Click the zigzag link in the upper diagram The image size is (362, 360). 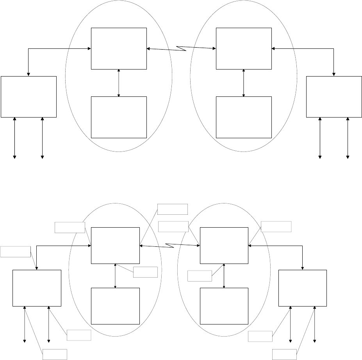pos(181,48)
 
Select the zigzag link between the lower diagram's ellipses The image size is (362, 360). pos(169,246)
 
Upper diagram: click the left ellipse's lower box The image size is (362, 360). pos(119,117)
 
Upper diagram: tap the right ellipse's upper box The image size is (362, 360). pos(244,48)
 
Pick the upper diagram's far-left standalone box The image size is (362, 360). pos(29,97)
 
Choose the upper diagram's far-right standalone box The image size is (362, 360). pos(334,97)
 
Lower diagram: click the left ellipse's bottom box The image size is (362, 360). pos(115,306)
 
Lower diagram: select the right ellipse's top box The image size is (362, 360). pos(224,246)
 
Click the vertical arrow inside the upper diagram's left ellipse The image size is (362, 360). pos(119,83)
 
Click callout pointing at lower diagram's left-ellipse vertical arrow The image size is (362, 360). pos(145,272)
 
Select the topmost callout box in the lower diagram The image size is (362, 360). pos(172,209)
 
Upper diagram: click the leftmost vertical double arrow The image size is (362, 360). pos(15,138)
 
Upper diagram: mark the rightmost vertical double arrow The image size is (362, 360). pos(348,138)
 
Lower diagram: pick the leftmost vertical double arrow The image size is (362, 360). pos(25,324)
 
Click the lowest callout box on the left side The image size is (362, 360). pos(55,354)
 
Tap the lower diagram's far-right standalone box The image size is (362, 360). pos(302,288)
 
